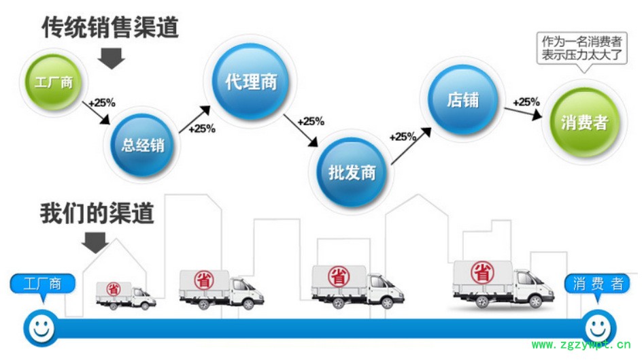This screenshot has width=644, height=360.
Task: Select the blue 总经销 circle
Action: click(143, 144)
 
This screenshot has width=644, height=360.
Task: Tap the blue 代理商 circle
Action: click(251, 82)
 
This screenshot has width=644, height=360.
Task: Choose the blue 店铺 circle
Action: click(463, 100)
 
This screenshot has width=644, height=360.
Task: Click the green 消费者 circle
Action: click(583, 123)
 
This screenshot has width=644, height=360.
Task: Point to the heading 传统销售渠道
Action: click(110, 27)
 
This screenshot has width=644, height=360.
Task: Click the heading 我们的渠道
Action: click(98, 214)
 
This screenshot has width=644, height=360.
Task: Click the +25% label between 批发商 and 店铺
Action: click(403, 137)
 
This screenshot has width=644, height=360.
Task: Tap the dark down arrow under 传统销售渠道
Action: click(111, 59)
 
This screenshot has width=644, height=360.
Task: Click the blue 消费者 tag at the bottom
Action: click(597, 284)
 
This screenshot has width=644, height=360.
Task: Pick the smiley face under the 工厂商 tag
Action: click(40, 327)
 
